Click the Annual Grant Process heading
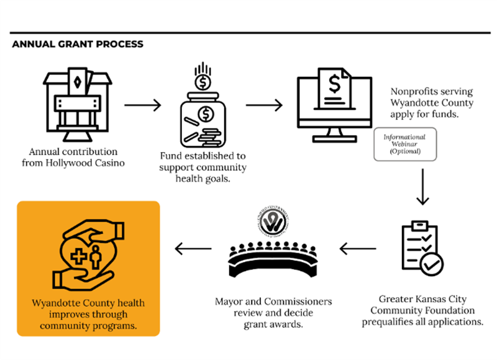click(x=78, y=44)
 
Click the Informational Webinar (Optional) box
click(x=404, y=144)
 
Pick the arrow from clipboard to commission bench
click(x=358, y=249)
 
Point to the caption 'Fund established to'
click(x=203, y=156)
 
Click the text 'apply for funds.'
click(x=424, y=114)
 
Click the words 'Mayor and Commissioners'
click(x=273, y=302)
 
